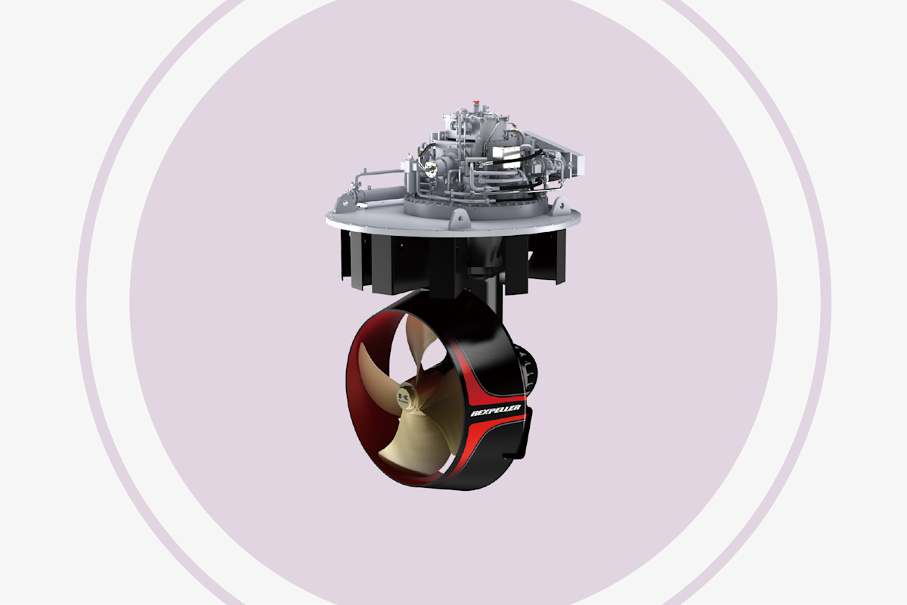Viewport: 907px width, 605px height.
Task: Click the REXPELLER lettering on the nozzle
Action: [x=495, y=410]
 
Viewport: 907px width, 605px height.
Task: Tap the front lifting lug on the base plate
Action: [x=459, y=217]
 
